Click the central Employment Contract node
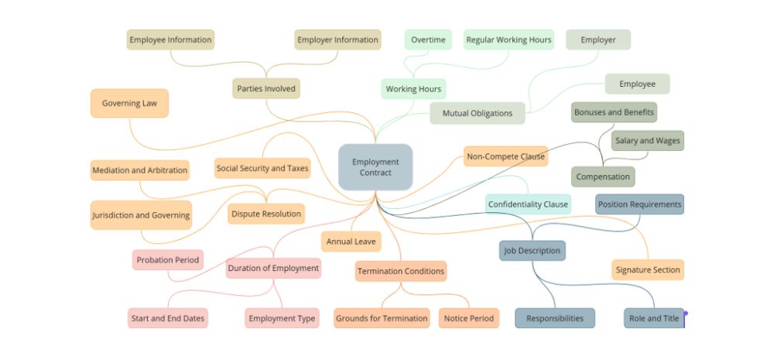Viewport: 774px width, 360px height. coord(375,167)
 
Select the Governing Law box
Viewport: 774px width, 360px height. coord(129,103)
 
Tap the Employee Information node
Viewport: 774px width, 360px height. coord(170,39)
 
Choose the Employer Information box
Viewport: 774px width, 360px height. coord(337,39)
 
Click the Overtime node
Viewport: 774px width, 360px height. coord(428,39)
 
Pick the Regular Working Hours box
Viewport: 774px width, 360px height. coord(509,39)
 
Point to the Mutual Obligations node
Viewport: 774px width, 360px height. coord(478,113)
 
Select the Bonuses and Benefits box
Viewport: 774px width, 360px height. coord(614,112)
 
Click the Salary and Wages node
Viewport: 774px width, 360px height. coord(648,141)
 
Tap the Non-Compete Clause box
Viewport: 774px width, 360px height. coord(505,156)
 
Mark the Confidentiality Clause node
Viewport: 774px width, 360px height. coord(528,204)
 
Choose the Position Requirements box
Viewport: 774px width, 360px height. coord(639,204)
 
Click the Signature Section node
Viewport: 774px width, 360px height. coord(648,270)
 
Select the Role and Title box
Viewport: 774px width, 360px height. coord(654,318)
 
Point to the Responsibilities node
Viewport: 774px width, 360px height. coord(555,318)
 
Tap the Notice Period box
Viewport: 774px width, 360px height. coord(469,318)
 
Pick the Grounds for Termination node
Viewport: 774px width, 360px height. coord(382,318)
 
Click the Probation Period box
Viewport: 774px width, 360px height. coord(168,260)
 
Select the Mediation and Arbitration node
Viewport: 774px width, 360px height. coord(139,170)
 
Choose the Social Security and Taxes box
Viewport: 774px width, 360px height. coord(262,168)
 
